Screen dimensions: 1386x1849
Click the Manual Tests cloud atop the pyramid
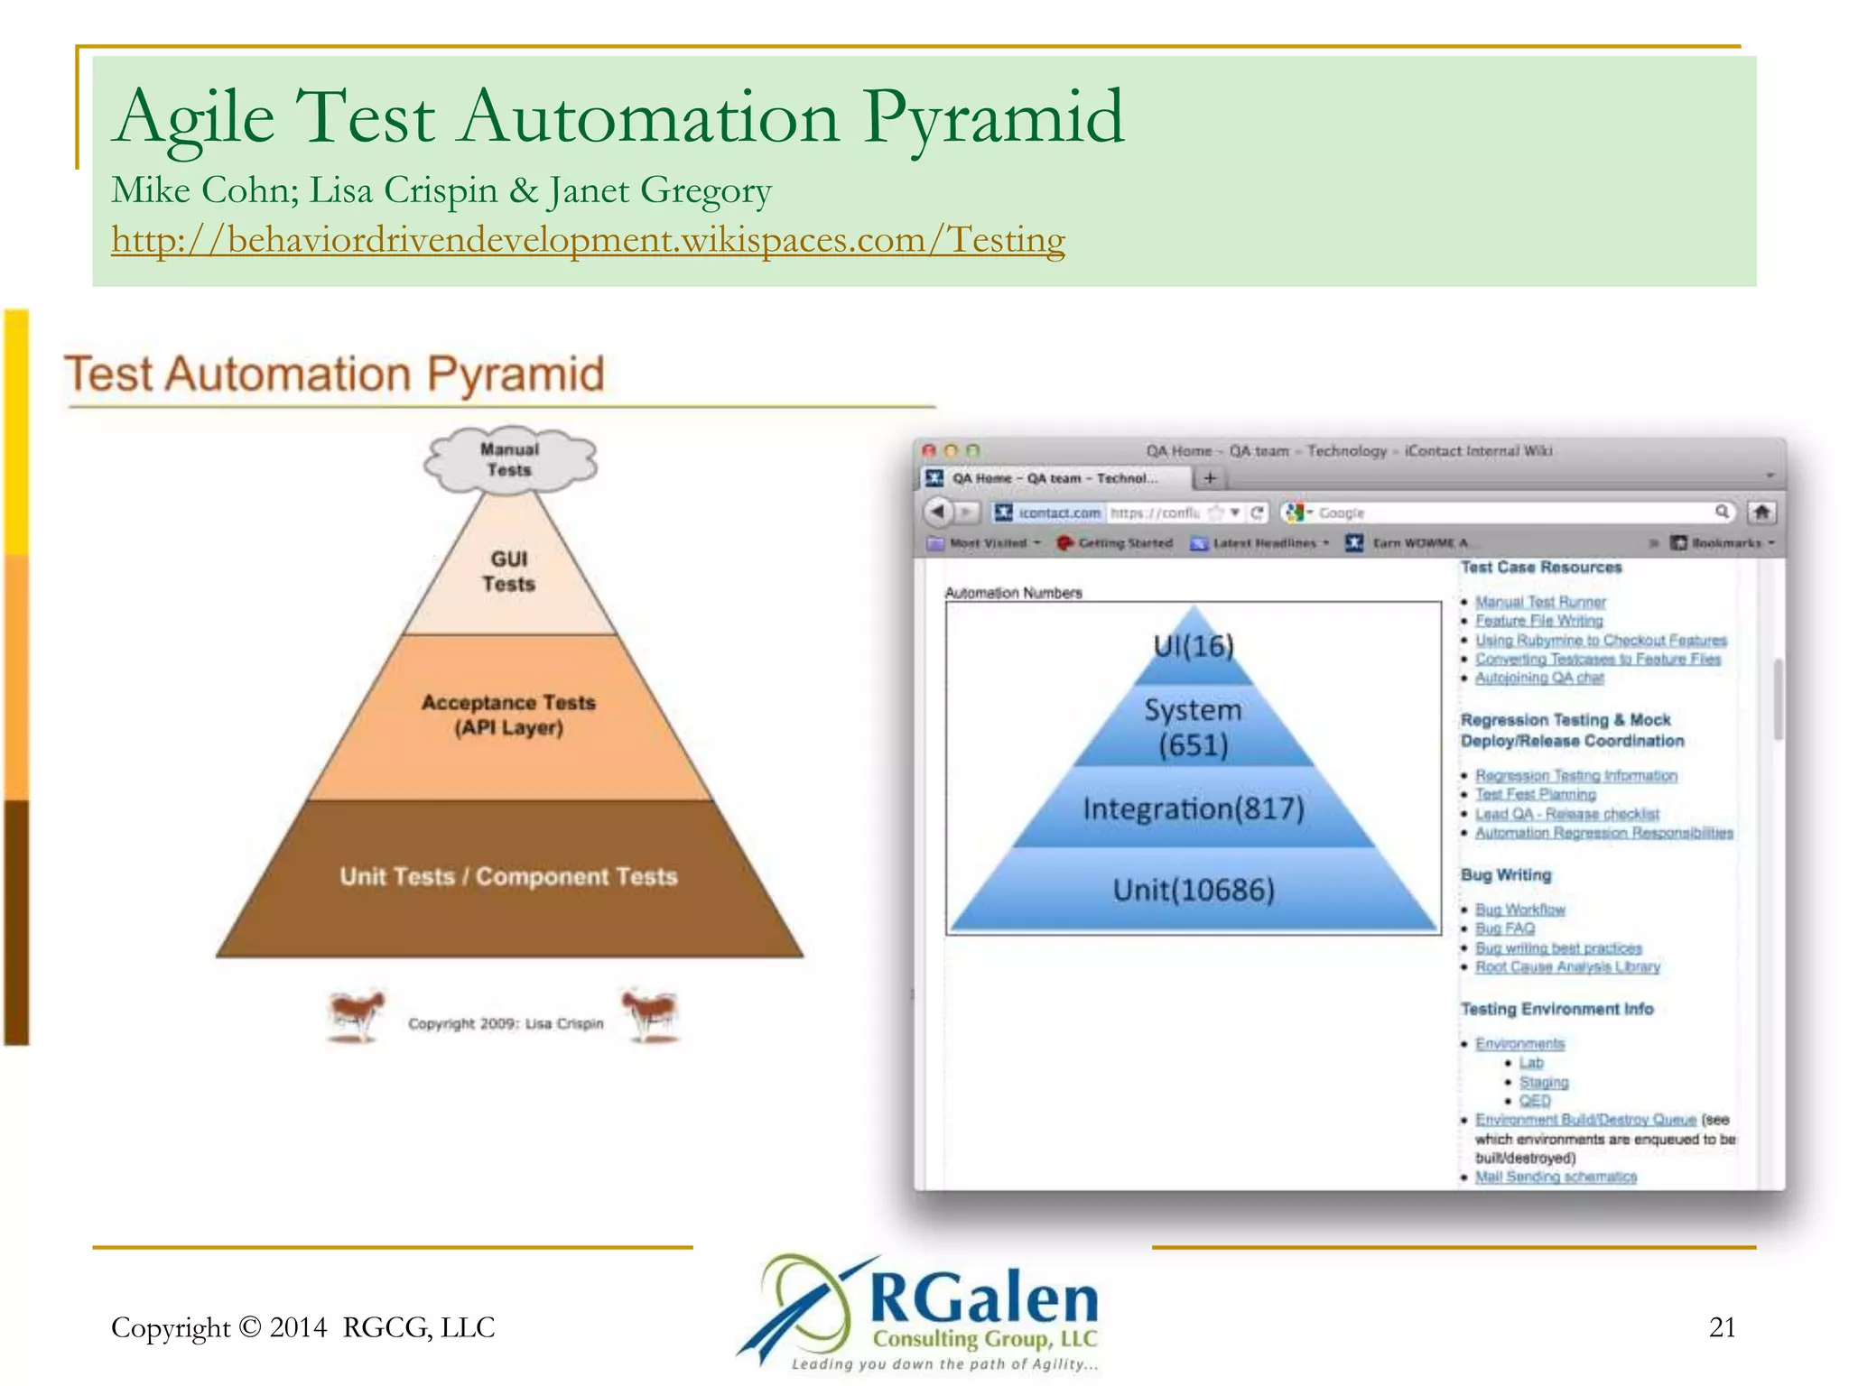(510, 460)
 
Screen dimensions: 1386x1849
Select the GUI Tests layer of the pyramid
(509, 572)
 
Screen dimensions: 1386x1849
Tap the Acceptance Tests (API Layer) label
(509, 715)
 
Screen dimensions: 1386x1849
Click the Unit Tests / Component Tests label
(508, 876)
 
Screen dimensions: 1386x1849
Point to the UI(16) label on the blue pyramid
(1194, 646)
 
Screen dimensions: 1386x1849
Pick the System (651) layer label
(1194, 727)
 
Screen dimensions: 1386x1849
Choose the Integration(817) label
(1194, 808)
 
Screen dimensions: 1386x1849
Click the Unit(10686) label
(1194, 891)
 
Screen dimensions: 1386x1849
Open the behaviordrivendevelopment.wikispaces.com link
(588, 240)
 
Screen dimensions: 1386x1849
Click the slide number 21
(1722, 1327)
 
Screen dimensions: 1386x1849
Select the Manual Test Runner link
(1540, 602)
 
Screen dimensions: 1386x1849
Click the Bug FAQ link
(1505, 929)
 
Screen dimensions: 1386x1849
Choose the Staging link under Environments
(1544, 1082)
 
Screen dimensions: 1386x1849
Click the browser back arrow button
(937, 513)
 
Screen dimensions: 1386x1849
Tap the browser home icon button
(1761, 513)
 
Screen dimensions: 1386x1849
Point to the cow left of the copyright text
(357, 1015)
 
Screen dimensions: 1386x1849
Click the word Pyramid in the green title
(993, 117)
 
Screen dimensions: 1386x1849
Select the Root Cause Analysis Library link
(1567, 967)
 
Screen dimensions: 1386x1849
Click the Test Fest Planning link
(1535, 795)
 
